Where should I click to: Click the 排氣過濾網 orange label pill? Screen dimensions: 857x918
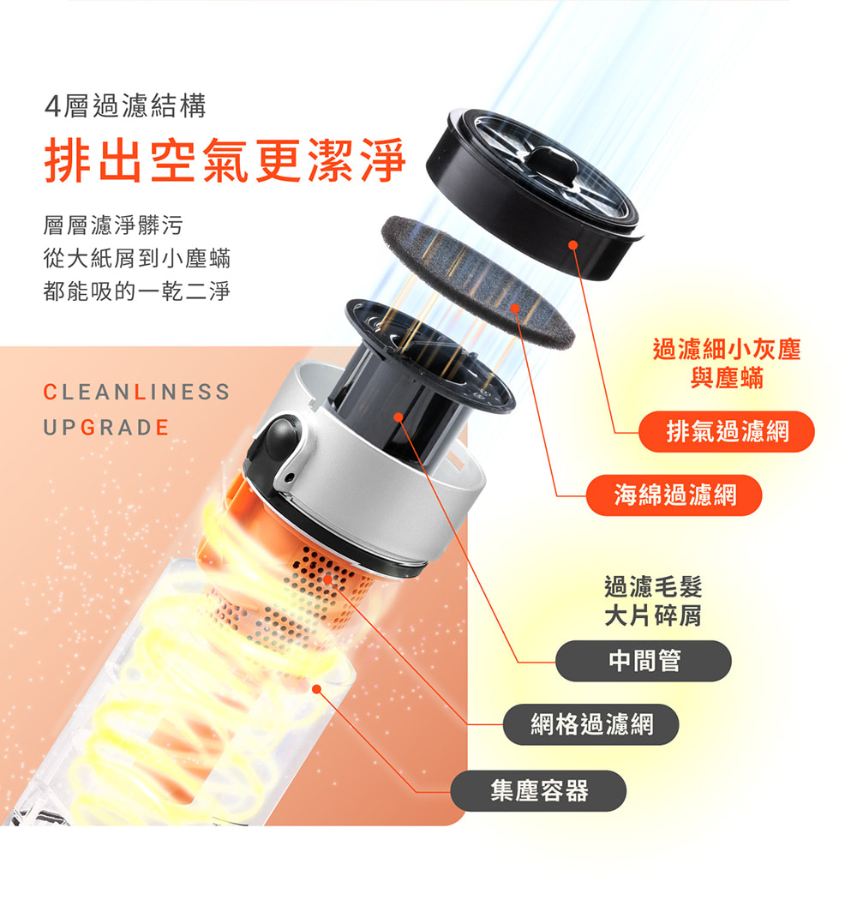point(726,431)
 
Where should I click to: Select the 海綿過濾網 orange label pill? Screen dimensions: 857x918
point(674,495)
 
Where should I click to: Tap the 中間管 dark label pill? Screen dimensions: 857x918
point(644,661)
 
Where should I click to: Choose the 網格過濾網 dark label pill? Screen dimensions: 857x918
point(590,724)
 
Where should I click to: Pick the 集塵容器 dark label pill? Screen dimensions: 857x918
point(538,791)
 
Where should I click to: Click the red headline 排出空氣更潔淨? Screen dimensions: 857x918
point(225,159)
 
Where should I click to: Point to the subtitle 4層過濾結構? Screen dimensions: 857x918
point(125,106)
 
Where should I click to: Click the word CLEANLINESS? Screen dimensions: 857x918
point(136,392)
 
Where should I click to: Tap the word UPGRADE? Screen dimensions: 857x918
point(106,428)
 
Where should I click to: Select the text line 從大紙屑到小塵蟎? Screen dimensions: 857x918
point(137,258)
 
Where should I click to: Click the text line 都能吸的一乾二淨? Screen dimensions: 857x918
point(137,291)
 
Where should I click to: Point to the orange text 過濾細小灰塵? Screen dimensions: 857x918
point(727,349)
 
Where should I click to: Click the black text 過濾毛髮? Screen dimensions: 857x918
point(653,586)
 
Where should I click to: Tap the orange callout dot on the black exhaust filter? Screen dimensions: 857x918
point(573,245)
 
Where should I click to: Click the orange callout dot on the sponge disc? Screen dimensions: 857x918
point(515,309)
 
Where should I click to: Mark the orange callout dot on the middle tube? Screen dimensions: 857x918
point(398,417)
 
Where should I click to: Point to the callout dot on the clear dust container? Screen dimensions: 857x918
point(317,689)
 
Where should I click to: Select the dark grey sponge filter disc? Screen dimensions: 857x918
point(477,279)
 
